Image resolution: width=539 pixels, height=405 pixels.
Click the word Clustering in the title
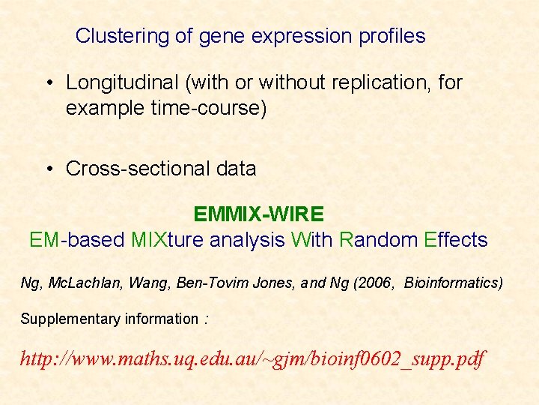click(112, 36)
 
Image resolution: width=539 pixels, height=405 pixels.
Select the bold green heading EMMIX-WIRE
click(258, 214)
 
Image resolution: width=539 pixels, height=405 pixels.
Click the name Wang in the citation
click(147, 283)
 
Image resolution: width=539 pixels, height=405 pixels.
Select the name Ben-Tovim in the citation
click(204, 283)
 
